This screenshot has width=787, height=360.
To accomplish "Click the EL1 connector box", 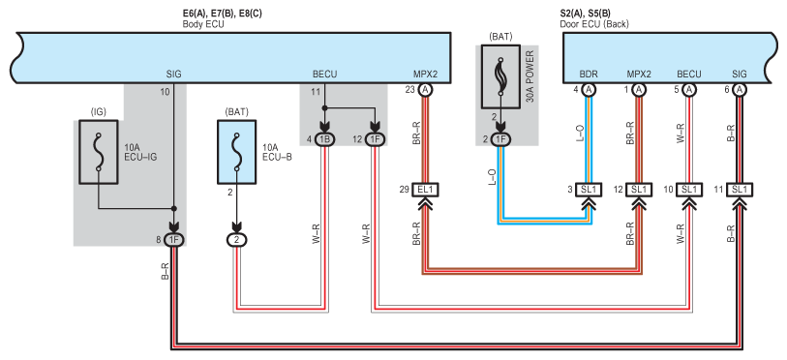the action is pyautogui.click(x=425, y=190).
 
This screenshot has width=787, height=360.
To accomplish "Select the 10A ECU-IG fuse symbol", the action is pyautogui.click(x=99, y=152).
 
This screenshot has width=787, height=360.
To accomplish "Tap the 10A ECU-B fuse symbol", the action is pyautogui.click(x=236, y=152).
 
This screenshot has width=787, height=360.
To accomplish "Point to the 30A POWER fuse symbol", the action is pyautogui.click(x=500, y=76).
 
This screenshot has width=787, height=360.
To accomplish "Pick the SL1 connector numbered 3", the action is pyautogui.click(x=588, y=190).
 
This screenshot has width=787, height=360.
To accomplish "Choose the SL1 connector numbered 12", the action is pyautogui.click(x=639, y=190).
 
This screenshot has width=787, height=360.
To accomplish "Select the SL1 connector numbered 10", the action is pyautogui.click(x=688, y=190).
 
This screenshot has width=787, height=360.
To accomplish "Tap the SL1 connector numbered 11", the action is pyautogui.click(x=740, y=190).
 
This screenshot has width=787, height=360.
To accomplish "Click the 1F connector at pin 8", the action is pyautogui.click(x=174, y=240).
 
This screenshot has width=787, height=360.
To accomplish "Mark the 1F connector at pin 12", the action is pyautogui.click(x=374, y=139).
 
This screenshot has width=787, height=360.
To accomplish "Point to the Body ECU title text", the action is pyautogui.click(x=203, y=23).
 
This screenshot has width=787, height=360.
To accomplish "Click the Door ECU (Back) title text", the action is pyautogui.click(x=594, y=23).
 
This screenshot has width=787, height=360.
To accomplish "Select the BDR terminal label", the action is pyautogui.click(x=589, y=75).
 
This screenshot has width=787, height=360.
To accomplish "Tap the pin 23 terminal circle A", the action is pyautogui.click(x=425, y=89).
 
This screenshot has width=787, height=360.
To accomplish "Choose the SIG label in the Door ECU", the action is pyautogui.click(x=740, y=75).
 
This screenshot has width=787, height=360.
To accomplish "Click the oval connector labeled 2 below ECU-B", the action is pyautogui.click(x=237, y=240).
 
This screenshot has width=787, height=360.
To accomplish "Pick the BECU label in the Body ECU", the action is pyautogui.click(x=324, y=75).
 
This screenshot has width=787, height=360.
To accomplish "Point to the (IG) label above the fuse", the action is pyautogui.click(x=98, y=112).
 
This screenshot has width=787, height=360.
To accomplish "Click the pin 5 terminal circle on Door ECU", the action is pyautogui.click(x=689, y=89).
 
